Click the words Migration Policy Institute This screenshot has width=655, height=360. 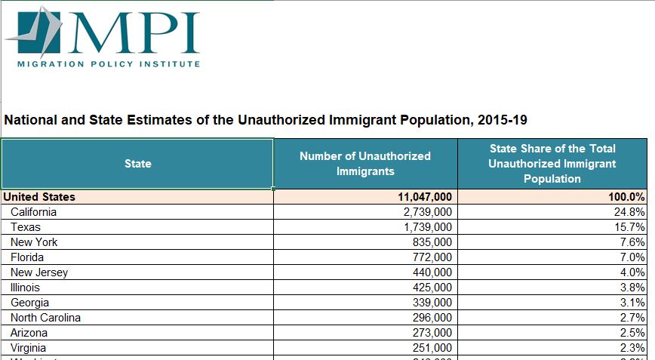109,64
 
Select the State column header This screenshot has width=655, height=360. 137,164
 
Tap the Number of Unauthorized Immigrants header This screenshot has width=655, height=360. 365,164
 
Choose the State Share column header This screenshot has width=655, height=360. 552,164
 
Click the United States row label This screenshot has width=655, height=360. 39,197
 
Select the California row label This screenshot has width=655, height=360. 34,212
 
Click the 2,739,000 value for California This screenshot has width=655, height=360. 427,212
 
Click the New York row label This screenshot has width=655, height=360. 34,242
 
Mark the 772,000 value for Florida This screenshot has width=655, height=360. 432,257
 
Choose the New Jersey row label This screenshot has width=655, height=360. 39,272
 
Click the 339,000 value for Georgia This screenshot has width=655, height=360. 432,303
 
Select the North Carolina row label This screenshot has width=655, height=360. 45,318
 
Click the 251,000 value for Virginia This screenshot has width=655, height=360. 432,348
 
